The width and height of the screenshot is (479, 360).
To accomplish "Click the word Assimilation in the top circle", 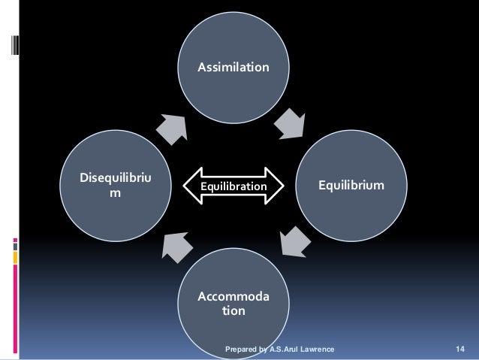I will coord(233,68).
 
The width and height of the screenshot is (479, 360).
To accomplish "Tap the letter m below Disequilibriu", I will coord(114,194).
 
